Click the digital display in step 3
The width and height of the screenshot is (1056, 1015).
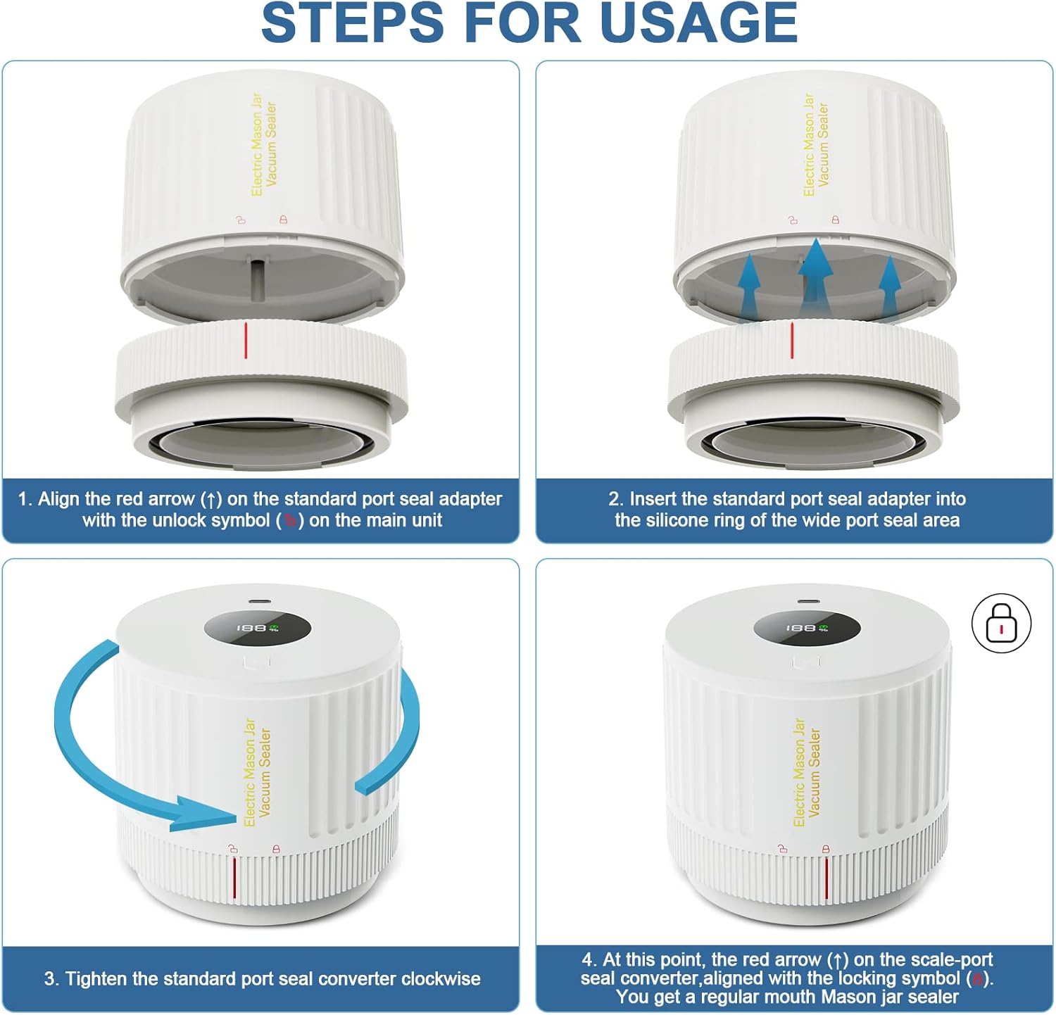pos(258,627)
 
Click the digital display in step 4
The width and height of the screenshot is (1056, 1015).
pos(807,627)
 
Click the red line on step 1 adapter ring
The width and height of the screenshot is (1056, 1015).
pos(246,340)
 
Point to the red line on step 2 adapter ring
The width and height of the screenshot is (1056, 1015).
pos(792,340)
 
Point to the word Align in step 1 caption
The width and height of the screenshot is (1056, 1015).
pos(58,499)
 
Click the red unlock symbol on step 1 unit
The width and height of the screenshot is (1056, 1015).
pos(241,220)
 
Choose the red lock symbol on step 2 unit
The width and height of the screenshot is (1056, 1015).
pos(835,220)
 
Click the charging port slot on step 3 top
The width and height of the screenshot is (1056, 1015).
pos(258,602)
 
